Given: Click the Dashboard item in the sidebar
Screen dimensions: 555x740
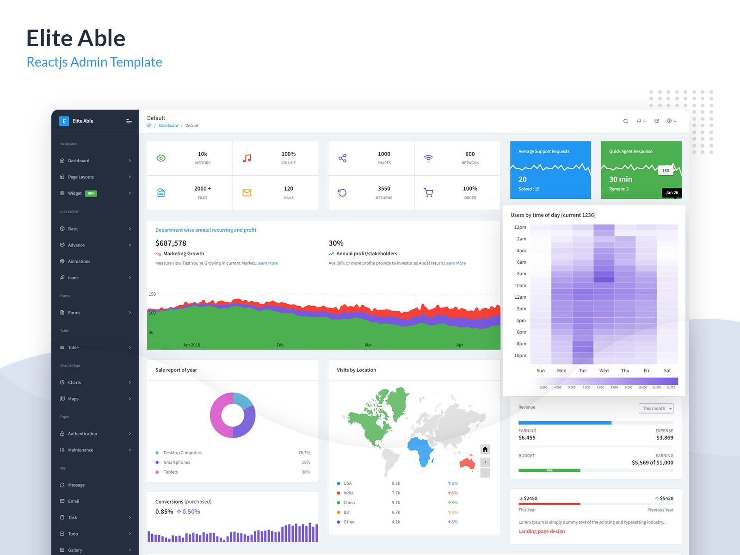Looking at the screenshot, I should [x=79, y=160].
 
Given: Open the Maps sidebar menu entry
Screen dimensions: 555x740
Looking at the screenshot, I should [x=73, y=399].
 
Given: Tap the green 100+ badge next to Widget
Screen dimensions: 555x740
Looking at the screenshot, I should [x=91, y=193].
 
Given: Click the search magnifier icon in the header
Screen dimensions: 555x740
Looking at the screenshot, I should [x=626, y=121].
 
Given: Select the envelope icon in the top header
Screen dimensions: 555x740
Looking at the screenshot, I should [x=657, y=121].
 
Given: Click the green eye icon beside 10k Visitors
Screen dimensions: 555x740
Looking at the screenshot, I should [x=161, y=158].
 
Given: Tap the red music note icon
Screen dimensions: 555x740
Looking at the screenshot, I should [x=247, y=158].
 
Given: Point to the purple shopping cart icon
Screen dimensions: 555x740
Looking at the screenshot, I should [x=428, y=193].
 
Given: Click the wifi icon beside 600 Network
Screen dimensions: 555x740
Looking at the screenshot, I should [x=428, y=158].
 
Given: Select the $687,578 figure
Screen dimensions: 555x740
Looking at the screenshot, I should [x=171, y=243].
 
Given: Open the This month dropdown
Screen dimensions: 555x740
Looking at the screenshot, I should [x=656, y=408].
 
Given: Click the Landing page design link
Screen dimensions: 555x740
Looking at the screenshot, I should [x=541, y=531].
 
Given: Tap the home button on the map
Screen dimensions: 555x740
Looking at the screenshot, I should [x=485, y=449].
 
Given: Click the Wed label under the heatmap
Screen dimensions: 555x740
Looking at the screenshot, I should [x=604, y=370].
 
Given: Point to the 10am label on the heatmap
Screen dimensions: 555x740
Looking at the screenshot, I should [x=520, y=285].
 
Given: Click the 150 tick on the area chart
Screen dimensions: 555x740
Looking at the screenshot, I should [x=152, y=294].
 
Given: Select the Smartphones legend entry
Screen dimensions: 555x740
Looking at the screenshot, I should [x=177, y=462].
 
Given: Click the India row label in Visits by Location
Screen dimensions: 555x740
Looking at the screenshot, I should [x=348, y=493].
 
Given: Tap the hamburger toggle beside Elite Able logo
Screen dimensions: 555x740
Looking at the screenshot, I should [x=129, y=121].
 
